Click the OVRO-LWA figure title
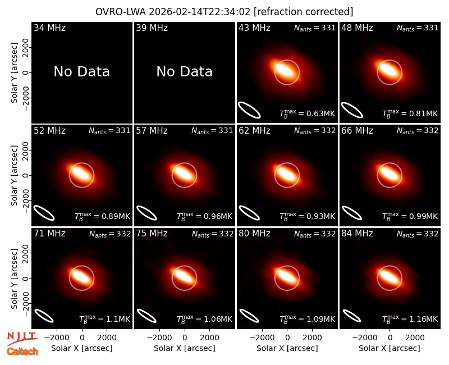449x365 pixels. pyautogui.click(x=224, y=12)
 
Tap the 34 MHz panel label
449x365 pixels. pyautogui.click(x=49, y=28)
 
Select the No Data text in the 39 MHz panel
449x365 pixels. pyautogui.click(x=185, y=72)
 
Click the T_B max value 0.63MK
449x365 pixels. pyautogui.click(x=307, y=113)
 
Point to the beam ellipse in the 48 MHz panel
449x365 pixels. pyautogui.click(x=352, y=110)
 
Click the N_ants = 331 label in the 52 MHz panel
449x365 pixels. pyautogui.click(x=109, y=131)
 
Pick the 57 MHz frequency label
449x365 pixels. pyautogui.click(x=152, y=131)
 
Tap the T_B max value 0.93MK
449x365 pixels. pyautogui.click(x=307, y=216)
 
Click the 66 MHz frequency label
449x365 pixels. pyautogui.click(x=357, y=131)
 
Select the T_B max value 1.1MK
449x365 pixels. pyautogui.click(x=104, y=319)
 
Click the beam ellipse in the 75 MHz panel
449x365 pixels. pyautogui.click(x=146, y=316)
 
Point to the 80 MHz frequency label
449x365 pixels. pyautogui.click(x=254, y=234)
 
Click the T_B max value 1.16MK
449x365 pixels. pyautogui.click(x=410, y=319)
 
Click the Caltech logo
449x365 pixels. pyautogui.click(x=22, y=352)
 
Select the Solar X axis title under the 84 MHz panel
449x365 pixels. pyautogui.click(x=390, y=348)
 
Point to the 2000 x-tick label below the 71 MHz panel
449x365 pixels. pyautogui.click(x=107, y=338)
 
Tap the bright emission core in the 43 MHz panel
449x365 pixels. pyautogui.click(x=285, y=71)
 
